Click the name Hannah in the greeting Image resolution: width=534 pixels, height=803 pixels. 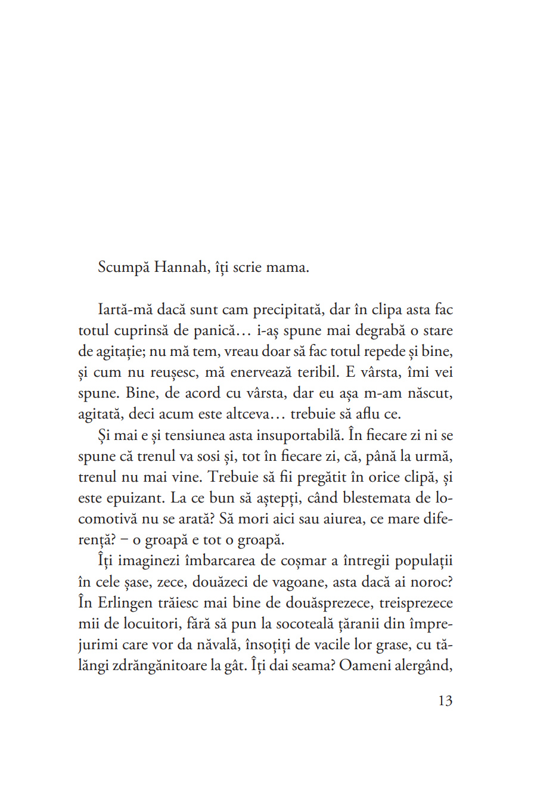point(180,267)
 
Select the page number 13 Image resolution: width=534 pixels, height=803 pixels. point(445,700)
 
